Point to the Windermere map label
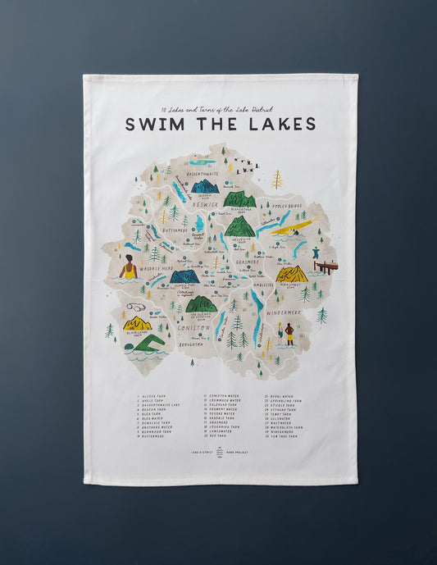284,312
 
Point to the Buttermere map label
176,230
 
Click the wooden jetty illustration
325,267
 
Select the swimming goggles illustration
136,307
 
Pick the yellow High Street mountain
291,273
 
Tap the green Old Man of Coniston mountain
202,304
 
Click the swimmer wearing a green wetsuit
147,343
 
